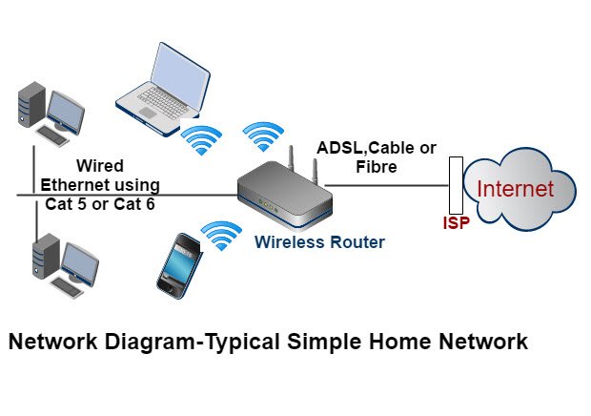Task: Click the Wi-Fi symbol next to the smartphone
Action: [x=220, y=234]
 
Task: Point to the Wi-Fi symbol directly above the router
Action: [x=264, y=136]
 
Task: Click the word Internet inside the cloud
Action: [x=515, y=188]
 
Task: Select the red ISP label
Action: [x=457, y=225]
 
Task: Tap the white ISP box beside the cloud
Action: [x=457, y=186]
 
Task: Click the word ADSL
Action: [x=340, y=148]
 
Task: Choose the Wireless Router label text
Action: [x=319, y=242]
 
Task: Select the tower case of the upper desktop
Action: [x=30, y=105]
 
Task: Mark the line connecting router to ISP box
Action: [x=386, y=186]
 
